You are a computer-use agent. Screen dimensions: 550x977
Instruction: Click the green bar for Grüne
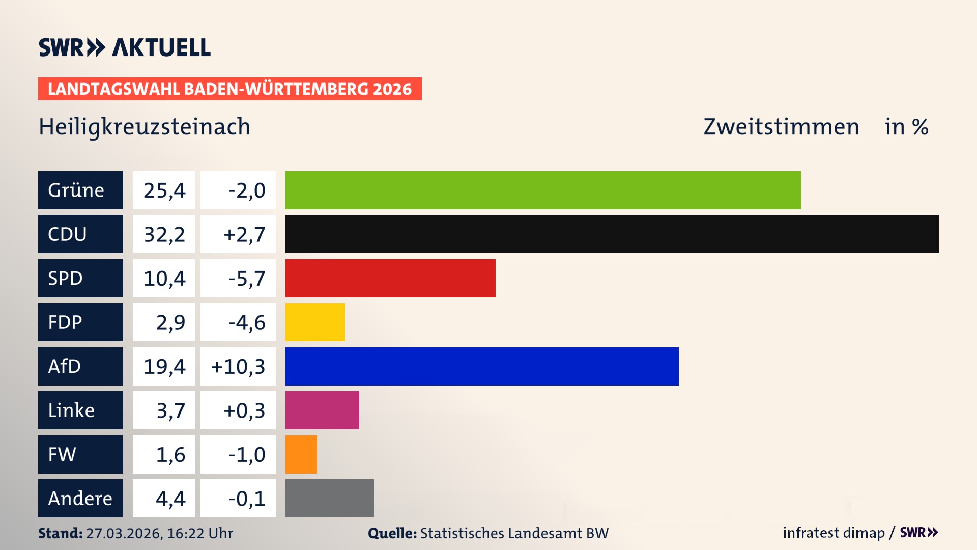point(542,190)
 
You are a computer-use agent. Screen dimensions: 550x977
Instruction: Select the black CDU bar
point(612,234)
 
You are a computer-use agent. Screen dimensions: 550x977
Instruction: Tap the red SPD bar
point(390,278)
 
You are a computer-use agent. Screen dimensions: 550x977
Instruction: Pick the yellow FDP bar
point(314,322)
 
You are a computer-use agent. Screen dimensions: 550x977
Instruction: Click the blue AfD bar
point(481,366)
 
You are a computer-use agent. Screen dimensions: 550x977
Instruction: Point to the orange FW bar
point(301,454)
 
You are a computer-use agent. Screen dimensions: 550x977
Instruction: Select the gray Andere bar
point(329,498)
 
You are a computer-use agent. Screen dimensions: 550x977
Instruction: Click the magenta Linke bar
point(322,410)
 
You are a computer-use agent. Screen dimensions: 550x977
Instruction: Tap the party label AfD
point(65,366)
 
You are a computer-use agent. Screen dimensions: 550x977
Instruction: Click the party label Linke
point(71,410)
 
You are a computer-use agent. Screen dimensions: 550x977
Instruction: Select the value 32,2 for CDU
point(164,234)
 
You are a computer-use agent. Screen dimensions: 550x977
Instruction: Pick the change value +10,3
point(238,366)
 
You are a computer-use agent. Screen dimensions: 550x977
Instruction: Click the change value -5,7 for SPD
point(246,278)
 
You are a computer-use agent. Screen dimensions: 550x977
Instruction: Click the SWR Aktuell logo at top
point(125,47)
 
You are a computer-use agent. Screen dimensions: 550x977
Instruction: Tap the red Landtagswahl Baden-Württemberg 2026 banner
point(229,89)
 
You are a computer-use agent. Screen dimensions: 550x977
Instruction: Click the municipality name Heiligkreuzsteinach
point(145,127)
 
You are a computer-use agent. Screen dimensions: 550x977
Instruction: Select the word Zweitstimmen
point(781,127)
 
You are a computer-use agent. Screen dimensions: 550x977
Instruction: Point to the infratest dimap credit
point(834,533)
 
